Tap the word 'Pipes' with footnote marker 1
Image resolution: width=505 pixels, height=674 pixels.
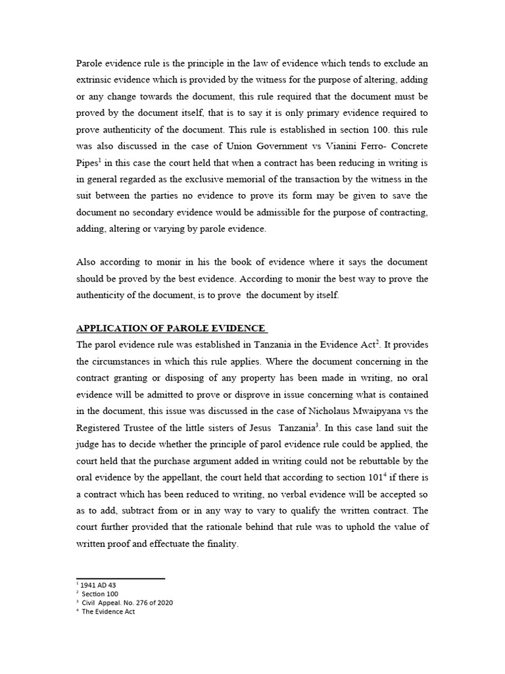point(89,162)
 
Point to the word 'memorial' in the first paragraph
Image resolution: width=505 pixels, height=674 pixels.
point(268,180)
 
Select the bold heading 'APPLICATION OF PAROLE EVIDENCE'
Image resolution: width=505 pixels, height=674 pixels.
point(171,328)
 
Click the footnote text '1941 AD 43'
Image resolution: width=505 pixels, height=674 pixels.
point(99,584)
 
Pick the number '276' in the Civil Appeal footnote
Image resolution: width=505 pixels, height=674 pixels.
point(145,602)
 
